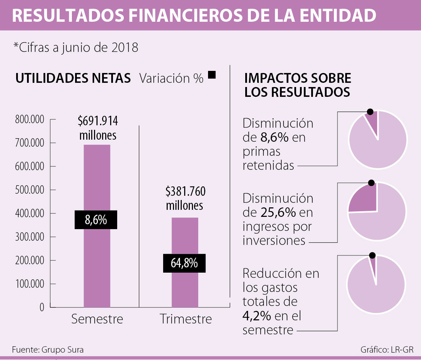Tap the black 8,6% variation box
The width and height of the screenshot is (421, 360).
(x=96, y=220)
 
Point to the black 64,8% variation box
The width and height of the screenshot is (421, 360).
(x=184, y=263)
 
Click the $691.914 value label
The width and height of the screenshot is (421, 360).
(x=98, y=121)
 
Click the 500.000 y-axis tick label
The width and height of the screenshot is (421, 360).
(x=29, y=190)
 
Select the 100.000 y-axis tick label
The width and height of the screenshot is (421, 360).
(x=29, y=284)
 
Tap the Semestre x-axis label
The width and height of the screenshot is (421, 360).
(x=97, y=319)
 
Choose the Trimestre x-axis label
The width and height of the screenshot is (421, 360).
(x=186, y=319)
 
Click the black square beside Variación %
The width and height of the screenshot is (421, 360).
(x=211, y=75)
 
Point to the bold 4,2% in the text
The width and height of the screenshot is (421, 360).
(x=256, y=316)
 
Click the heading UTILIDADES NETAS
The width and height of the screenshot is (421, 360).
(x=73, y=78)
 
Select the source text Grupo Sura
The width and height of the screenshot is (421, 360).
(x=62, y=350)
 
